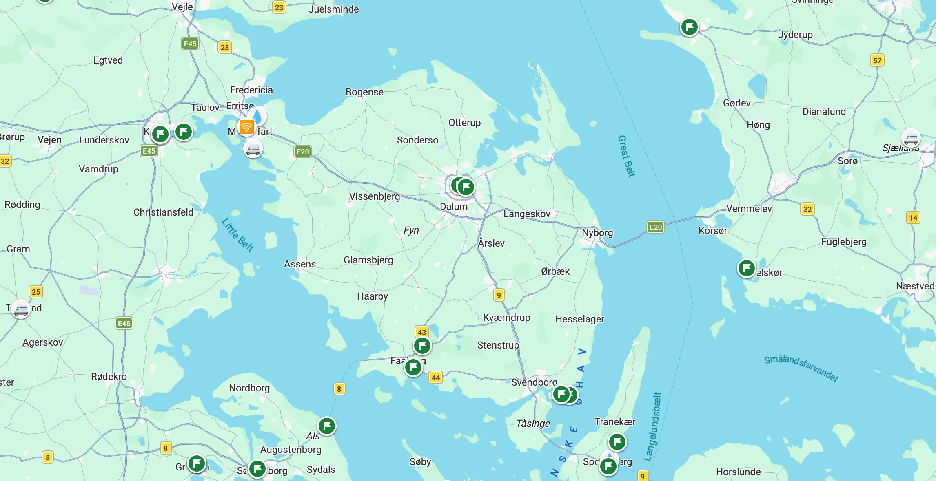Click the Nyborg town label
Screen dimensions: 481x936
[597, 233]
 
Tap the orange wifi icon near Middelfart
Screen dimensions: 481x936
[246, 127]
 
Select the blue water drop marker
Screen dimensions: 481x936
[257, 115]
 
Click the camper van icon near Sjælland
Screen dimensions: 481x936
[911, 139]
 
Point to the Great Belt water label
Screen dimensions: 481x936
[626, 157]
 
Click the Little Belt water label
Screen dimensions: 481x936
[237, 235]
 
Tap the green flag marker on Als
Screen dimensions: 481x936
[327, 426]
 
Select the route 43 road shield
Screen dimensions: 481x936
[422, 332]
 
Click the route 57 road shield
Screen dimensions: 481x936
[877, 61]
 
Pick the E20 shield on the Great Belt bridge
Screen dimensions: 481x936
[655, 227]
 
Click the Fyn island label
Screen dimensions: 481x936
[411, 230]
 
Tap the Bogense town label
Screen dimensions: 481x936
[364, 92]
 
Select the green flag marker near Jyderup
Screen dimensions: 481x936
[690, 27]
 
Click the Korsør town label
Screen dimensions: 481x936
[712, 231]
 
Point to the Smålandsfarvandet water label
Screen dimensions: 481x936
[801, 368]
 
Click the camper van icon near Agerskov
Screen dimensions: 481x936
[21, 309]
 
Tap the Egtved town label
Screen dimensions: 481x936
[108, 60]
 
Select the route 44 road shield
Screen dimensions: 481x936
[436, 377]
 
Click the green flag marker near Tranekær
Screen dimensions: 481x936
[617, 441]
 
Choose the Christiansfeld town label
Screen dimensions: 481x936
[163, 212]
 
